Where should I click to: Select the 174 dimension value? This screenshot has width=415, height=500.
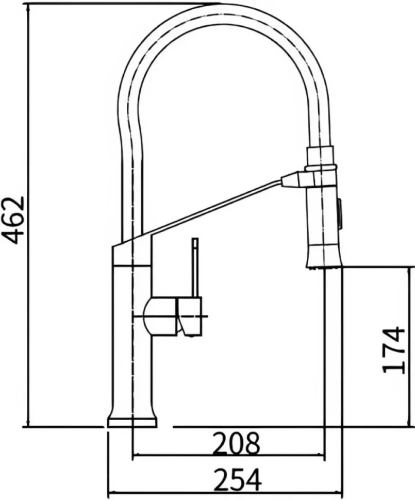click(x=394, y=349)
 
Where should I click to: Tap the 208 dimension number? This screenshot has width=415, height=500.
click(x=236, y=444)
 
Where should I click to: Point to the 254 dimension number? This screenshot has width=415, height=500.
click(x=238, y=480)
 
